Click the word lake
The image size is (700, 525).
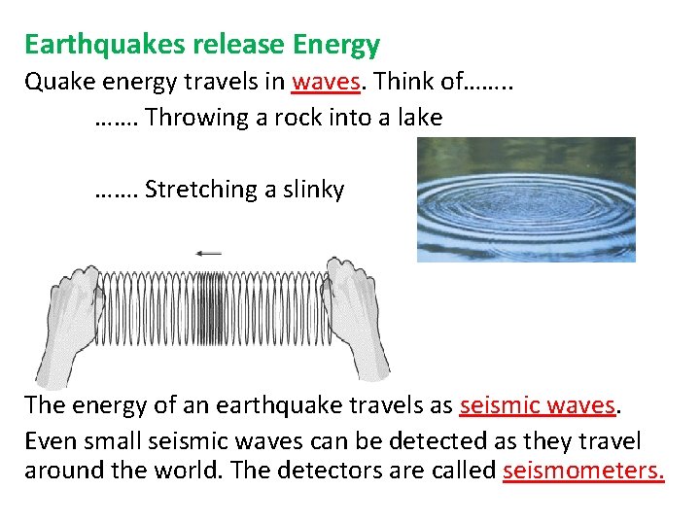coord(420,119)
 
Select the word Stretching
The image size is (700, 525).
coord(201,190)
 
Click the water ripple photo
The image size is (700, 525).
coord(526,199)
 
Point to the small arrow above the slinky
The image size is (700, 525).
coord(208,253)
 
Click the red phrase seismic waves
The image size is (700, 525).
coord(538,404)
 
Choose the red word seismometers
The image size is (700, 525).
coord(583,472)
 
